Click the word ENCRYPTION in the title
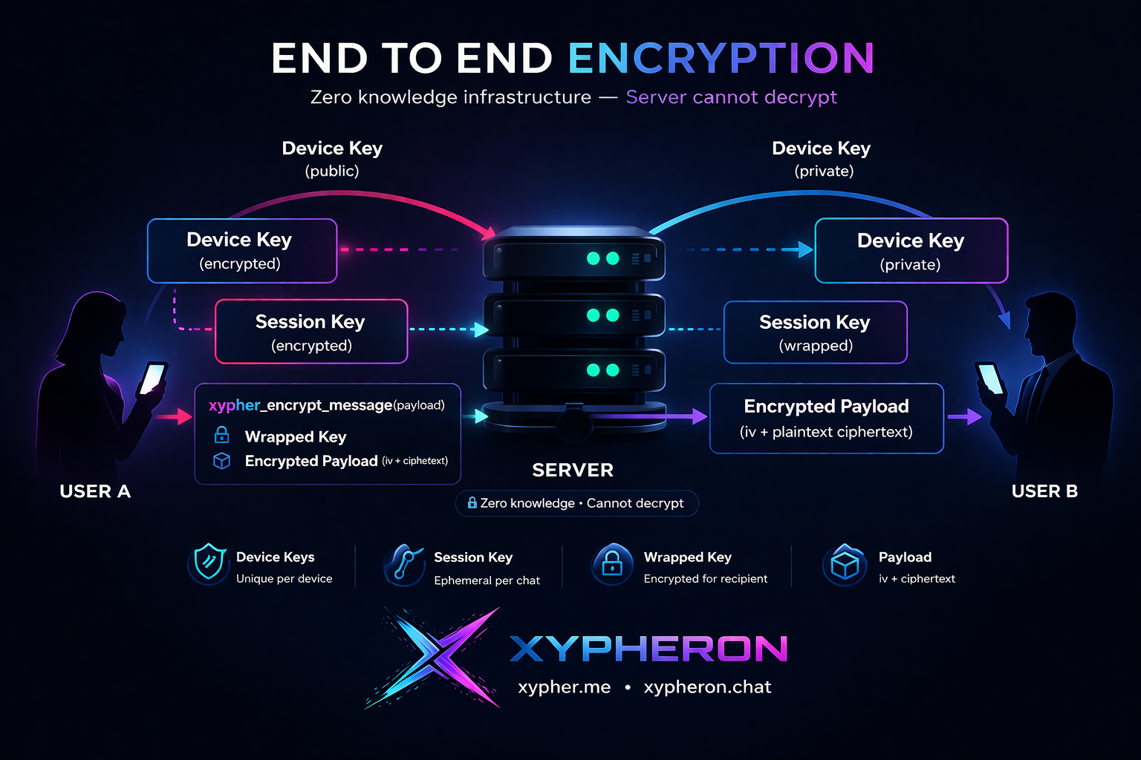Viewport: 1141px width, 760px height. point(721,59)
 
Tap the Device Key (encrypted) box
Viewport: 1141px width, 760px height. point(242,251)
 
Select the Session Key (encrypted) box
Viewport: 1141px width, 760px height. point(311,332)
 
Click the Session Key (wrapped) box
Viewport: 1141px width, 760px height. point(815,332)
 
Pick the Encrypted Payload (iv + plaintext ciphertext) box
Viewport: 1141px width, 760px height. point(826,418)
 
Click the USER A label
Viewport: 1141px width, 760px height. point(95,491)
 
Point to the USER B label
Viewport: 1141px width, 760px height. point(1044,491)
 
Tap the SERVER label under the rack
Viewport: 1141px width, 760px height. point(573,471)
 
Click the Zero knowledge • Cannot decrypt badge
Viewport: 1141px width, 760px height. point(576,503)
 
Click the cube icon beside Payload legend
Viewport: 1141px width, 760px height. point(845,566)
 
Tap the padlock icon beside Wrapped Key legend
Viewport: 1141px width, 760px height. point(611,564)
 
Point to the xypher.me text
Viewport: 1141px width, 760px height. point(564,687)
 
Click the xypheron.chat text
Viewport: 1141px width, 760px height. point(707,687)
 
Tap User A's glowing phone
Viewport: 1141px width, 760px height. point(153,378)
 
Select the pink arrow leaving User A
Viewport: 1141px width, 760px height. point(175,416)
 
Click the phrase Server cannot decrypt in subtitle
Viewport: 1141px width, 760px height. point(731,97)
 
